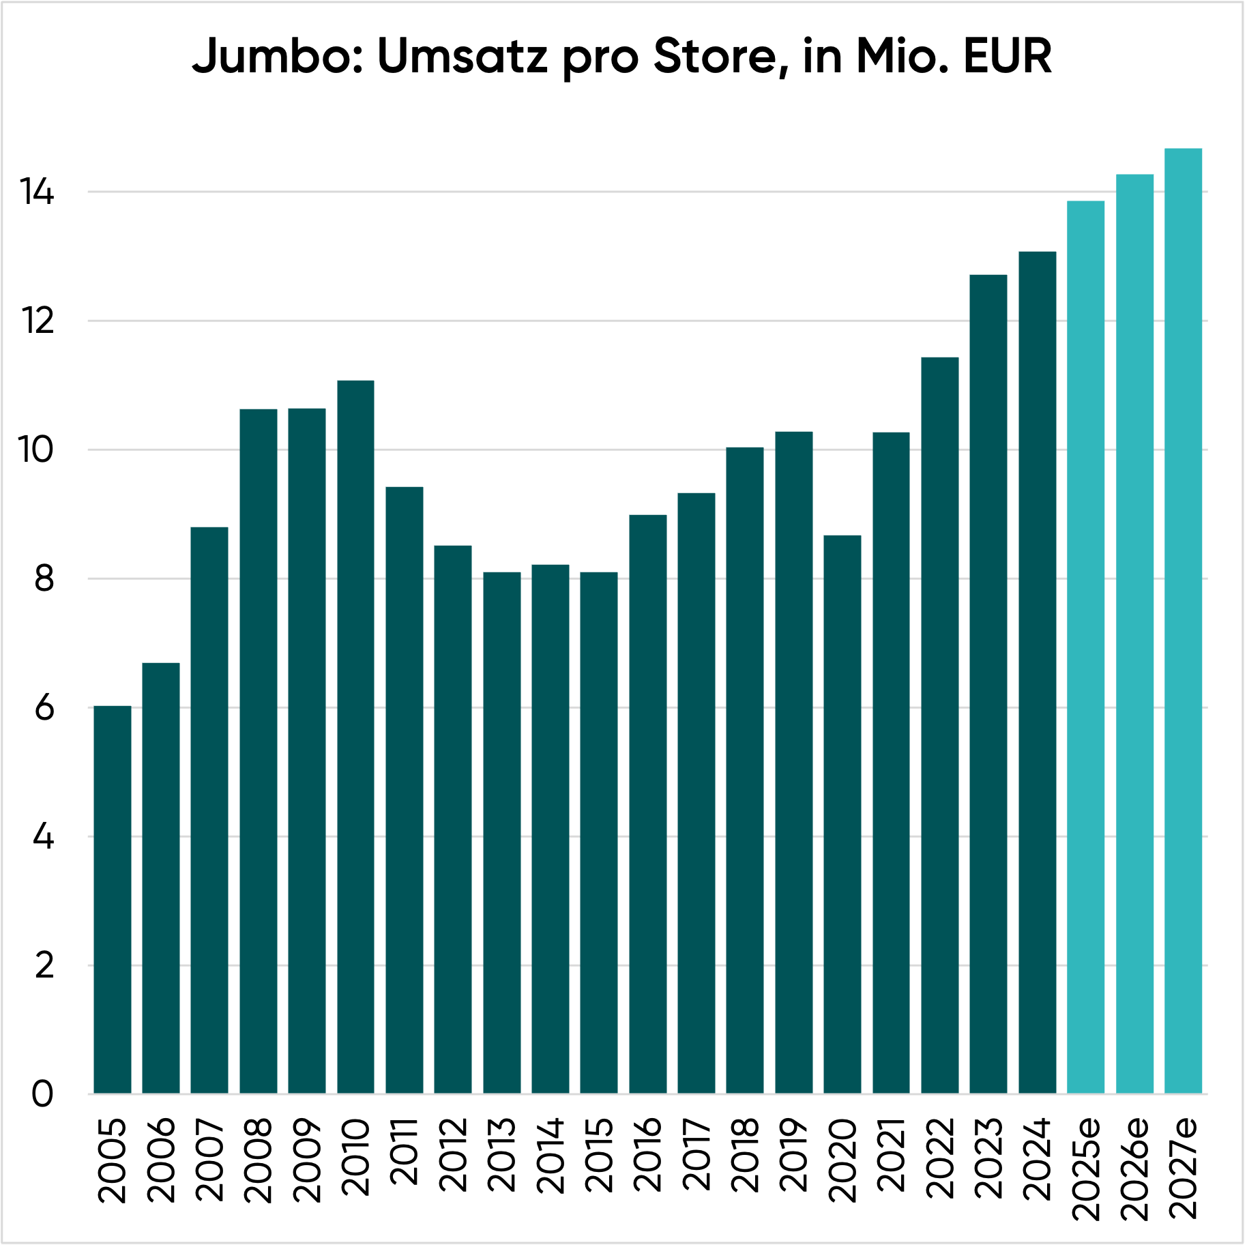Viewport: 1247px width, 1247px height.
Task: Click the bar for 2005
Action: tap(113, 900)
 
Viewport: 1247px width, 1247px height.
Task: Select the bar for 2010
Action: tap(355, 737)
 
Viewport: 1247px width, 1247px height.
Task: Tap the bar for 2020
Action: tap(842, 815)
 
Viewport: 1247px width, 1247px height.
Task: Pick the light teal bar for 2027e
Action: tap(1183, 621)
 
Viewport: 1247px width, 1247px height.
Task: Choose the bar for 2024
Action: tap(1037, 673)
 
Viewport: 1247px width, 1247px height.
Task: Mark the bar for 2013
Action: tap(502, 833)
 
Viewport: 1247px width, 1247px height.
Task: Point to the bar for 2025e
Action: tap(1085, 647)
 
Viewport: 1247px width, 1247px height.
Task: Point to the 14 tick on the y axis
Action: tap(37, 192)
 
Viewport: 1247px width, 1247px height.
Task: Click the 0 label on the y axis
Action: tap(42, 1094)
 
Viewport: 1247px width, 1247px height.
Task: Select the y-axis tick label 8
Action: tap(44, 579)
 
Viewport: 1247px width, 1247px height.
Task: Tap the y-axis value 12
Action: tap(37, 321)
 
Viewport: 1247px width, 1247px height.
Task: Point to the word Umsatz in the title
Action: tap(462, 56)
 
